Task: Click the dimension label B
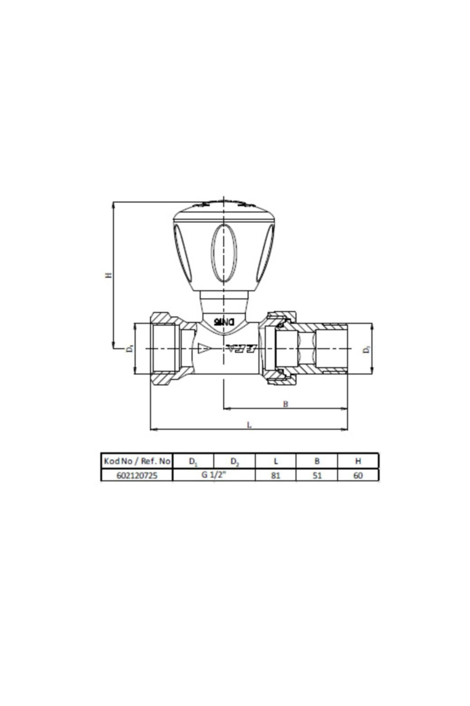coord(286,404)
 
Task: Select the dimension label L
coord(249,424)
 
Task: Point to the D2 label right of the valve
coord(366,349)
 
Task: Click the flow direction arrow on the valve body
coord(204,348)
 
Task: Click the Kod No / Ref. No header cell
coord(137,461)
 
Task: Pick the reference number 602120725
coord(137,475)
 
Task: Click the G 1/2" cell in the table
coord(214,475)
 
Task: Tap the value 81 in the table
coord(276,475)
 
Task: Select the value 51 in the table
coord(317,475)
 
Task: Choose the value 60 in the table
coord(358,475)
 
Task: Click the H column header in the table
coord(358,461)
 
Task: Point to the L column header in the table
coord(276,461)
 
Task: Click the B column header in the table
coord(317,461)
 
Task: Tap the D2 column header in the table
coord(234,462)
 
